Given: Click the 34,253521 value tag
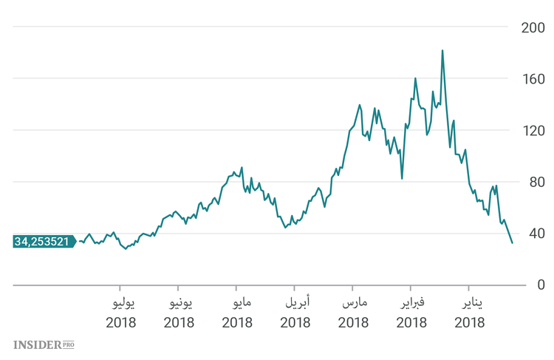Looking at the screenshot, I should pyautogui.click(x=42, y=241).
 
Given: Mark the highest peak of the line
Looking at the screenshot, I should pyautogui.click(x=442, y=51).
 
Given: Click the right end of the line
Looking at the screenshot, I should pyautogui.click(x=512, y=242).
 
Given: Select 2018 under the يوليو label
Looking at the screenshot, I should pyautogui.click(x=120, y=323).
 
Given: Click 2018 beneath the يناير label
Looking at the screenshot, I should pyautogui.click(x=469, y=323).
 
